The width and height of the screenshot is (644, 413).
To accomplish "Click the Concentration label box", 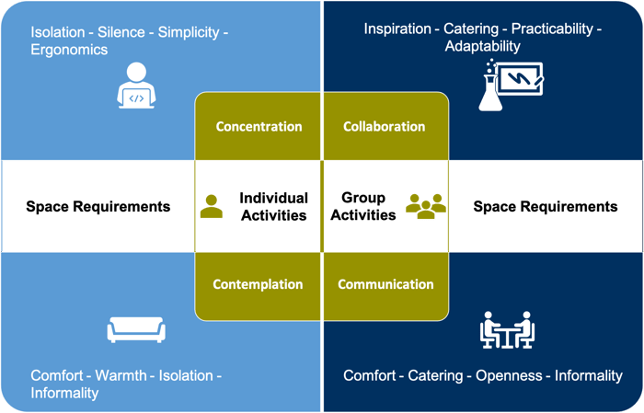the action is tap(258, 126).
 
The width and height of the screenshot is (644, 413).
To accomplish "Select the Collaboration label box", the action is tap(386, 126).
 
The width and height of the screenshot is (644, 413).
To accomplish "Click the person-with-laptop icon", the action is tap(136, 86).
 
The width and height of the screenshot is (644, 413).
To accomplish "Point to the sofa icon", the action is tap(136, 329).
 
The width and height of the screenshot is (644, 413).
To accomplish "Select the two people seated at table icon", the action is tap(507, 329).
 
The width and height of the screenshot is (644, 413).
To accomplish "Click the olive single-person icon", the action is tap(212, 206).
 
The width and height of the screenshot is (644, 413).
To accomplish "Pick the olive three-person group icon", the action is tap(426, 206).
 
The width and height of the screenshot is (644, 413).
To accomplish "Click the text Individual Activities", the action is tap(274, 206).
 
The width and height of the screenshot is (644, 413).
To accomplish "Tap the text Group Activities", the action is tap(363, 206).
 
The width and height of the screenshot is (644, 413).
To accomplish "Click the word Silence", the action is tap(121, 32).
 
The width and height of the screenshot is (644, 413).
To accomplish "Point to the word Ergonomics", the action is tap(69, 50).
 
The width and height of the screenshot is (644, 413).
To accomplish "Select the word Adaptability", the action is tap(483, 46).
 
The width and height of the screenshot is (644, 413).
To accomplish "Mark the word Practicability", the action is tap(552, 29).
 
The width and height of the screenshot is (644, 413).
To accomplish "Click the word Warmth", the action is tap(121, 375).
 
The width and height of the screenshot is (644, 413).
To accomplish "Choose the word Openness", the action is tap(509, 375).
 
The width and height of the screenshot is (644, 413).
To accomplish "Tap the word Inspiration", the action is tap(397, 29).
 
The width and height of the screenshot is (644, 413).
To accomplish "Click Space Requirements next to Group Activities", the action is tap(546, 206).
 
